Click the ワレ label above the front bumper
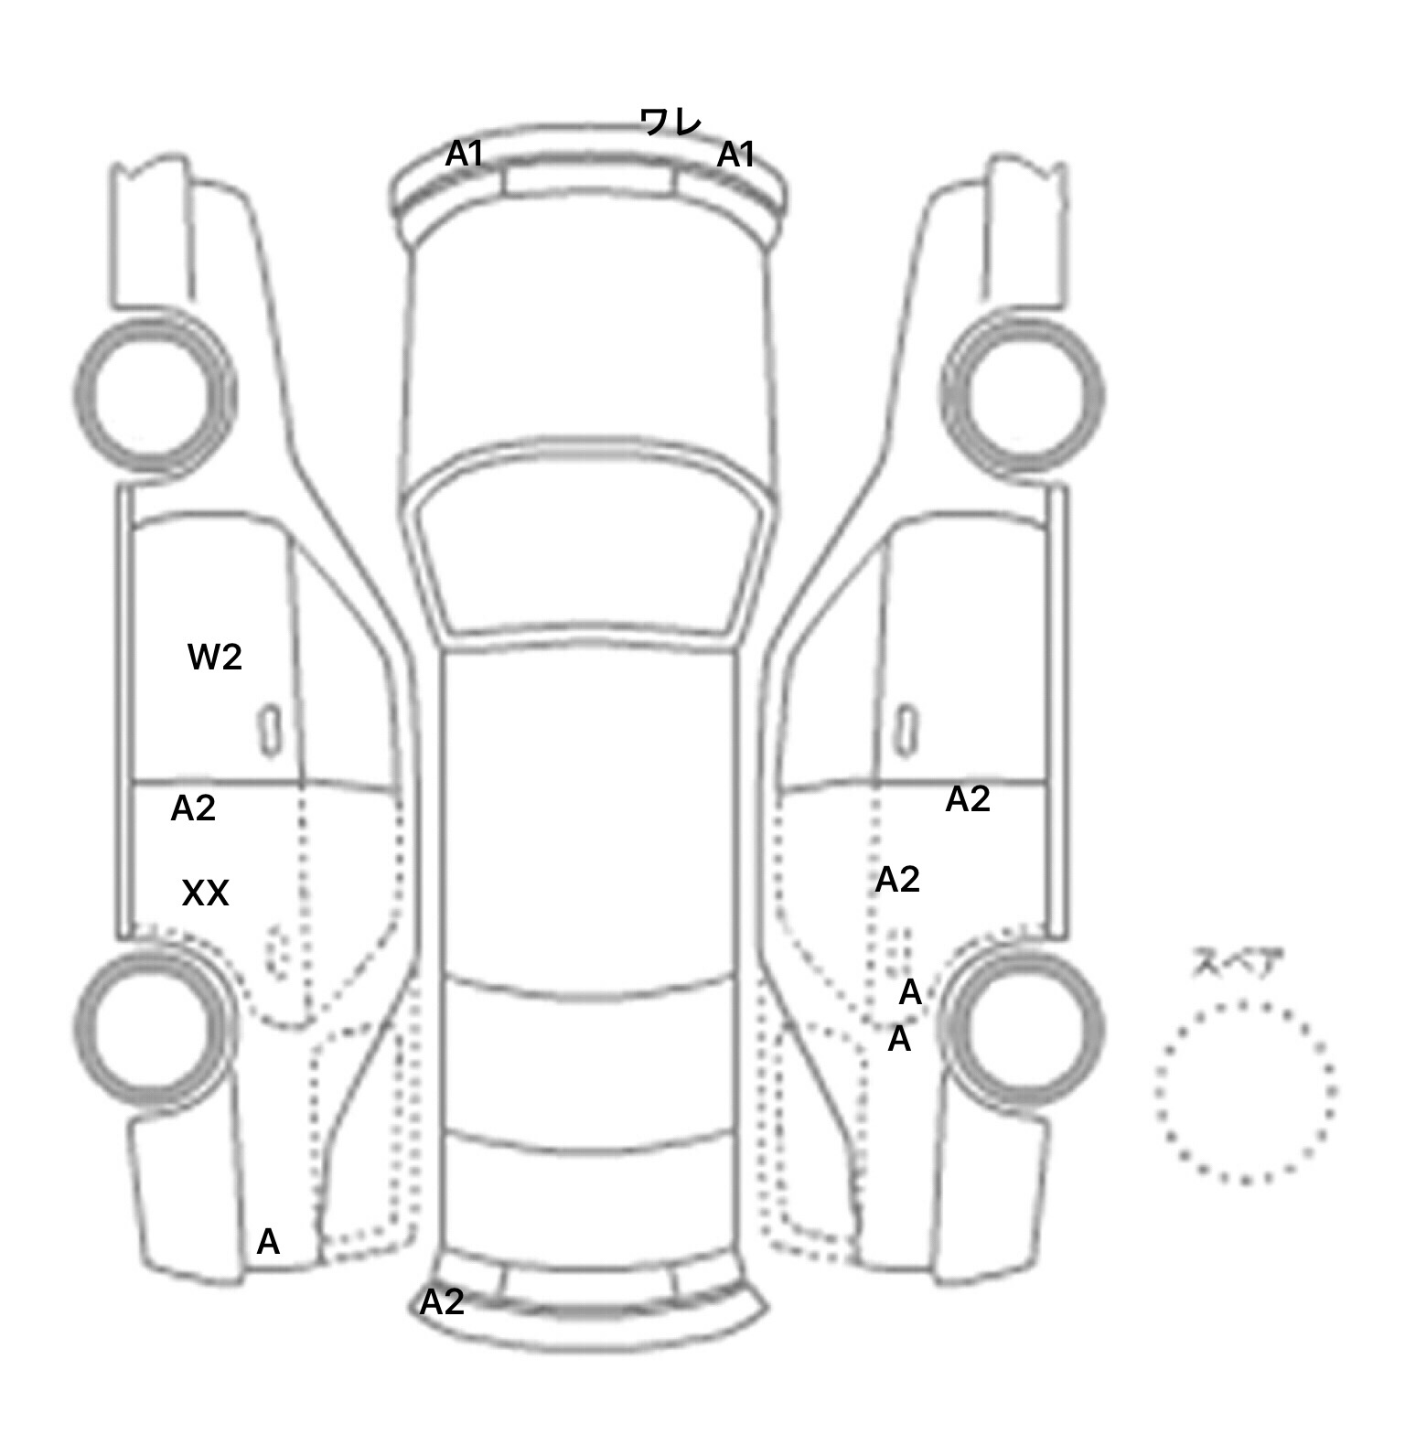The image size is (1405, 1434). click(670, 122)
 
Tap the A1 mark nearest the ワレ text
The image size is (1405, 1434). click(735, 155)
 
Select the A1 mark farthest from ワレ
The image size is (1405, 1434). click(464, 155)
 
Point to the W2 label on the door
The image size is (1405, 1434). click(215, 657)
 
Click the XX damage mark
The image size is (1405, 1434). click(205, 894)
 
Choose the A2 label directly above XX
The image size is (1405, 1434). click(193, 808)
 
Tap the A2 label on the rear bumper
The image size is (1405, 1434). click(442, 1302)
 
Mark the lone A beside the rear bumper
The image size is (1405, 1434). click(268, 1242)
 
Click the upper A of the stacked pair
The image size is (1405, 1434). click(910, 992)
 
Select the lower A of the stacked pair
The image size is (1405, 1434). click(899, 1040)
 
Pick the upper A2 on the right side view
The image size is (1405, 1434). click(968, 799)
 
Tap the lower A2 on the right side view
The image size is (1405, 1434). click(897, 880)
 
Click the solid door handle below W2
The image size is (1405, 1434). click(269, 730)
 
